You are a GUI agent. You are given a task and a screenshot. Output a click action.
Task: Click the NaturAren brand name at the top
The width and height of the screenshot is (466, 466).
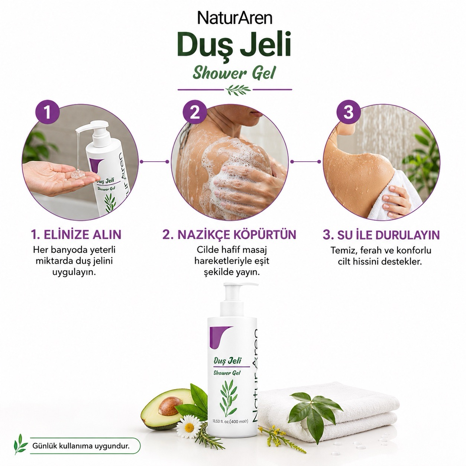click(234, 19)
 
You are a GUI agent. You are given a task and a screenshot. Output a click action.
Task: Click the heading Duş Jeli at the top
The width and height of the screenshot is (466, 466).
click(234, 46)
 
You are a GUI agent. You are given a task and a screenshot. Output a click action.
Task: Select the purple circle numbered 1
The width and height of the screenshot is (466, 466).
click(48, 112)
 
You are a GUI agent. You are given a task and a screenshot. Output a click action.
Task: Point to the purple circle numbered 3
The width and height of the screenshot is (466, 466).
click(349, 112)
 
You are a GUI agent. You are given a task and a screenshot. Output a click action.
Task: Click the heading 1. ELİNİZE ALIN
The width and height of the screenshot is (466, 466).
click(76, 234)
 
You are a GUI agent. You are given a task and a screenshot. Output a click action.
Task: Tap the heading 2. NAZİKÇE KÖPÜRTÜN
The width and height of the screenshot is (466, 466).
click(229, 234)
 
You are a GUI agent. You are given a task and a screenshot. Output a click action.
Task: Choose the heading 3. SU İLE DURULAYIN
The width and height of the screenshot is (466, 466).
click(381, 235)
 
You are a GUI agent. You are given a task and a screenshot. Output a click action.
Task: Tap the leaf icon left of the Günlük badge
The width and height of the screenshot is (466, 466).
click(20, 444)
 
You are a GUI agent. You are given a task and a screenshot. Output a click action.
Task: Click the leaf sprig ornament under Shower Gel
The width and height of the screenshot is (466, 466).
click(238, 90)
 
